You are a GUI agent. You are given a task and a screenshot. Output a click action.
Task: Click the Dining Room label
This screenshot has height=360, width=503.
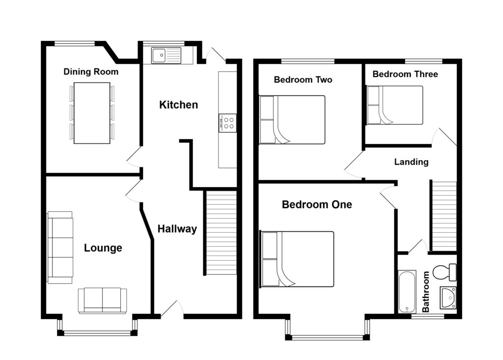[91, 72]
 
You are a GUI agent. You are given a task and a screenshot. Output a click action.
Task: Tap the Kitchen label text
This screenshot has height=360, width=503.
[178, 105]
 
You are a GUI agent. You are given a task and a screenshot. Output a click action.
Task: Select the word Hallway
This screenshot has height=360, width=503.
[177, 228]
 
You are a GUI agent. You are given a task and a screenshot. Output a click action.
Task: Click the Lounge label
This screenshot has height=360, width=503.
[103, 248]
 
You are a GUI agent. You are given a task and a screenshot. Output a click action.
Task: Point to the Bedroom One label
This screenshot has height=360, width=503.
[317, 205]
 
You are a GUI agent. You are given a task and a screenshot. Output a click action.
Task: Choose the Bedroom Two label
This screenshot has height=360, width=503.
[303, 80]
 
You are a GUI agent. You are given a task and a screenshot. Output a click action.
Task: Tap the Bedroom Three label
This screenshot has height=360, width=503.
[405, 74]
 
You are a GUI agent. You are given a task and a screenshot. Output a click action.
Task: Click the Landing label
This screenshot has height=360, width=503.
[411, 162]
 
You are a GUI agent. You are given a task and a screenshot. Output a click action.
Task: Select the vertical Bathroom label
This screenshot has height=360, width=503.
[426, 292]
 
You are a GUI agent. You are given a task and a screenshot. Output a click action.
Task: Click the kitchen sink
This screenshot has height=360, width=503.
[166, 55]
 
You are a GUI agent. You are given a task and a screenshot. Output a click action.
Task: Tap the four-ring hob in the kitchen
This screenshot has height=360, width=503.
[227, 123]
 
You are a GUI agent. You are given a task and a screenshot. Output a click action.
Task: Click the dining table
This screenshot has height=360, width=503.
[91, 113]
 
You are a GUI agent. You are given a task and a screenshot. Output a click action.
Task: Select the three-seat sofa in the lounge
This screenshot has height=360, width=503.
[60, 247]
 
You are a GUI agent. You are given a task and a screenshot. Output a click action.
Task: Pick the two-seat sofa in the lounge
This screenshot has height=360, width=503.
[102, 300]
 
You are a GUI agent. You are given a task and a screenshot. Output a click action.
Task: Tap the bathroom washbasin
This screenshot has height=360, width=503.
[448, 297]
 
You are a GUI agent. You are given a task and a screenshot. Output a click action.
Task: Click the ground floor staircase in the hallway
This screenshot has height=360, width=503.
[221, 233]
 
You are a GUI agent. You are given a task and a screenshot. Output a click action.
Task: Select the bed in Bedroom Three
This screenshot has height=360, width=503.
[395, 105]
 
